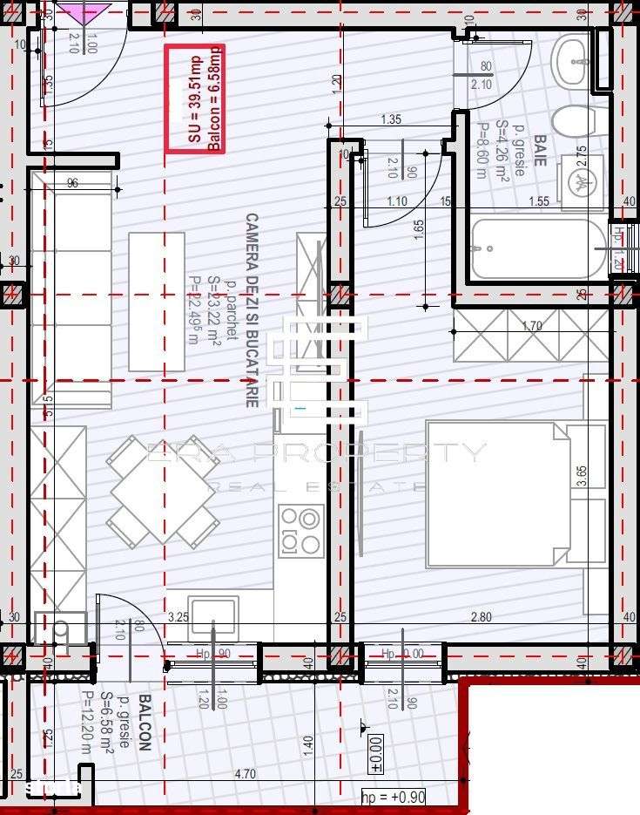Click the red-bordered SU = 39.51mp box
[195, 98]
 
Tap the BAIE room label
[540, 149]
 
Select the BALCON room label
[145, 723]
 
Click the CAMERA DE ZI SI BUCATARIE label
[252, 310]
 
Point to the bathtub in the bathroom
[537, 248]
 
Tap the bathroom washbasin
[572, 61]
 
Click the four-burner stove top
[301, 530]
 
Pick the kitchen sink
[213, 615]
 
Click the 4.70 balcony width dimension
[246, 772]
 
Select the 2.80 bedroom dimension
[481, 617]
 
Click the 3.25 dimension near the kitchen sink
[179, 617]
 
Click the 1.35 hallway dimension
[391, 120]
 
